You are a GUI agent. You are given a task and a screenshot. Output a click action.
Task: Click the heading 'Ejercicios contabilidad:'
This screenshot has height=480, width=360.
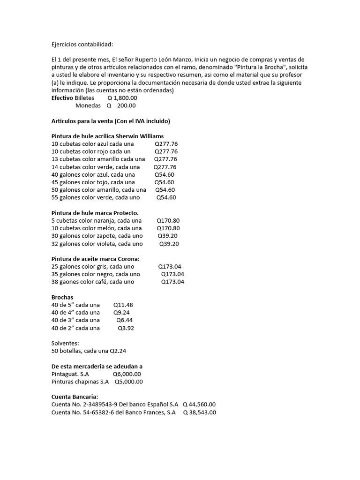pyautogui.click(x=82, y=45)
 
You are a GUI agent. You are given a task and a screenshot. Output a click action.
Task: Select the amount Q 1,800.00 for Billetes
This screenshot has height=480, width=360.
pyautogui.click(x=122, y=98)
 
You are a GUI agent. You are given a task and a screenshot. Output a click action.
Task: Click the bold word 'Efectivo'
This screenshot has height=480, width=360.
pyautogui.click(x=62, y=98)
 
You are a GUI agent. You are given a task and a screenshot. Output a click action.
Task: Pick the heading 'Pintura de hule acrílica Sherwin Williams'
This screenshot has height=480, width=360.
pyautogui.click(x=107, y=136)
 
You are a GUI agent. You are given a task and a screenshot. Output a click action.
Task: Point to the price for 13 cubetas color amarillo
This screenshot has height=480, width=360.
pyautogui.click(x=165, y=159)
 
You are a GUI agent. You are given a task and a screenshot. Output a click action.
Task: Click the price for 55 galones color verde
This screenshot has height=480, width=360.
pyautogui.click(x=166, y=197)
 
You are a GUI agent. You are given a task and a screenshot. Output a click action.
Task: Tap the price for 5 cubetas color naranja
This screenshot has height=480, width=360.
pyautogui.click(x=168, y=220)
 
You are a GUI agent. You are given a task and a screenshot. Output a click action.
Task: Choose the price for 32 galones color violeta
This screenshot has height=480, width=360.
pyautogui.click(x=169, y=244)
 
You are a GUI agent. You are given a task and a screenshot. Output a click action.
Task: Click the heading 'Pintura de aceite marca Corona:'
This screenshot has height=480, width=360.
pyautogui.click(x=95, y=259)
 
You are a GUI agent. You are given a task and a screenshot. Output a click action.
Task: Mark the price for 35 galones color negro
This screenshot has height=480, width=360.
pyautogui.click(x=172, y=274)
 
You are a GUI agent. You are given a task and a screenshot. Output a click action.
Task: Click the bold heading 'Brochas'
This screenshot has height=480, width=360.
pyautogui.click(x=62, y=297)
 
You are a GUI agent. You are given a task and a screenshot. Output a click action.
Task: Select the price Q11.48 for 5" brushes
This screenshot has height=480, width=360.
pyautogui.click(x=123, y=305)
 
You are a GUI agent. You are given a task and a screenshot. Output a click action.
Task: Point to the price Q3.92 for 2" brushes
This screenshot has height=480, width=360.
pyautogui.click(x=126, y=328)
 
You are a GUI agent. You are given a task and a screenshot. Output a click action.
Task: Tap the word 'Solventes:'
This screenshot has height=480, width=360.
pyautogui.click(x=65, y=343)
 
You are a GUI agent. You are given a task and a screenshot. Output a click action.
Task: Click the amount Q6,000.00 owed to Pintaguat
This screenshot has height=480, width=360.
pyautogui.click(x=127, y=374)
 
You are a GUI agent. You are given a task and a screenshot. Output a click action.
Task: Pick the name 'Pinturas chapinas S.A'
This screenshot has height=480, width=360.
pyautogui.click(x=80, y=382)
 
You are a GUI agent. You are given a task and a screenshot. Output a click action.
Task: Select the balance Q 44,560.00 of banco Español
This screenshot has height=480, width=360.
pyautogui.click(x=199, y=405)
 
